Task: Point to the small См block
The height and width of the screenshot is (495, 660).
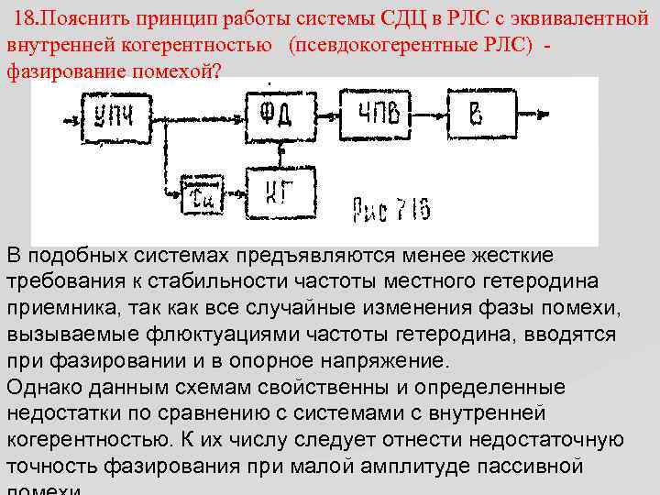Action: (x=199, y=194)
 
